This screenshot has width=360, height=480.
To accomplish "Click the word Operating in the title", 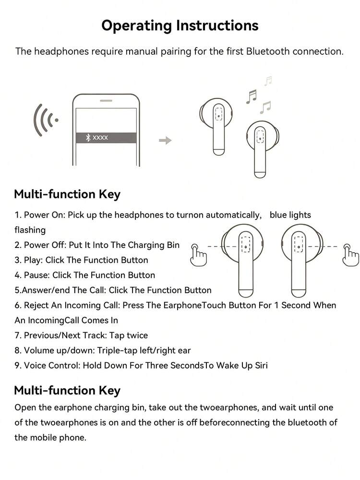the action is [x=137, y=26].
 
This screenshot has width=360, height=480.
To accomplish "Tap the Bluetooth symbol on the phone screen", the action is [x=88, y=137].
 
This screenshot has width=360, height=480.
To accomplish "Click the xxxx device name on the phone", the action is [x=100, y=138].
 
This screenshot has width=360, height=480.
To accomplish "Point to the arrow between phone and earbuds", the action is [x=165, y=140].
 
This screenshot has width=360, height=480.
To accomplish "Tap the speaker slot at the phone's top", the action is [x=106, y=100].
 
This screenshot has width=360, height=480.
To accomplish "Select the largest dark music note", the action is [x=252, y=97].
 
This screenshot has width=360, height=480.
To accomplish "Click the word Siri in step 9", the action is [x=261, y=365].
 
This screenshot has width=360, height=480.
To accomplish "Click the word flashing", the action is [x=30, y=230].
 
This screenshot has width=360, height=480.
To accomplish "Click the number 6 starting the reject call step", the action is [x=17, y=305].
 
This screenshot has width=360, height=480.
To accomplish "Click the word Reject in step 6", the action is [x=36, y=306].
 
